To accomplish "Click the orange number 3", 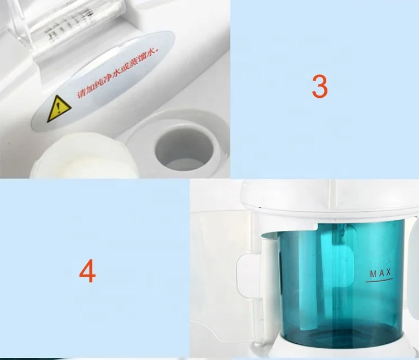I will click(320, 87).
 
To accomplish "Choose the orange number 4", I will click(87, 272).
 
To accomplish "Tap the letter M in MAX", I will click(373, 273).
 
